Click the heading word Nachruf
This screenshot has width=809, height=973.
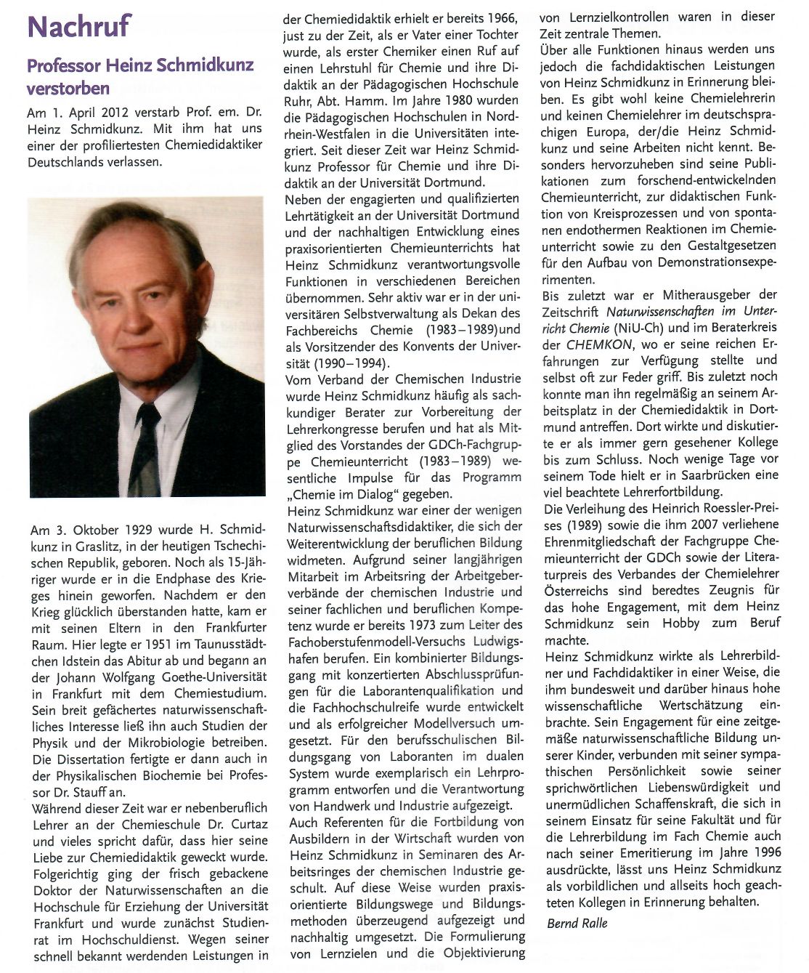78,27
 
